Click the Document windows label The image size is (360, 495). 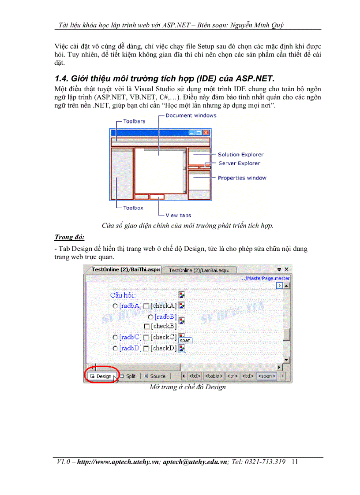[191, 115]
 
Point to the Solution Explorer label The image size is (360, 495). [240, 155]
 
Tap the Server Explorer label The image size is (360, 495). [239, 163]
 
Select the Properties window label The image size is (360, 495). [242, 178]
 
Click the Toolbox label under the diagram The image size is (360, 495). [133, 208]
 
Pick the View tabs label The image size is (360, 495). [178, 215]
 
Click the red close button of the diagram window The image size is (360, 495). [206, 133]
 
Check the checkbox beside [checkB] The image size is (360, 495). [147, 326]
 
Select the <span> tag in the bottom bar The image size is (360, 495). [266, 376]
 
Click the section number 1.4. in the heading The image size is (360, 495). [62, 79]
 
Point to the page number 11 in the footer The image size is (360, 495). [295, 462]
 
